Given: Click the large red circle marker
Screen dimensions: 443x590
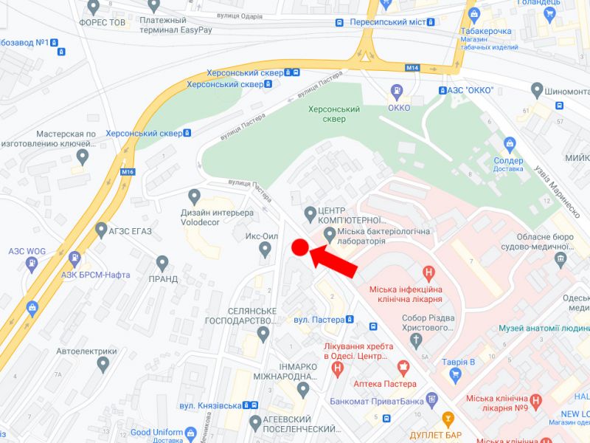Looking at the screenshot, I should (299, 248).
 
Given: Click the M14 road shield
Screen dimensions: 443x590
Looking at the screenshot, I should (412, 68).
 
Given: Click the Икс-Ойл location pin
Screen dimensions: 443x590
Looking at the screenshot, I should (265, 250).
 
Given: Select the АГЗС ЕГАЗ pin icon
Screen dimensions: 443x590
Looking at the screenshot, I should (101, 231).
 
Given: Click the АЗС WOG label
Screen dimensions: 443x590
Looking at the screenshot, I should (27, 251).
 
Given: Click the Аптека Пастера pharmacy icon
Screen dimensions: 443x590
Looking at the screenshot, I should (403, 367).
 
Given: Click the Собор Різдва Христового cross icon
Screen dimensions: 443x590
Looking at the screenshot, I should (417, 341).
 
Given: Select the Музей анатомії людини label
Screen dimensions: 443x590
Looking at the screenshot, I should (544, 328).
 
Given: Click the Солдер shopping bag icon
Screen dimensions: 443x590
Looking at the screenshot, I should (509, 143).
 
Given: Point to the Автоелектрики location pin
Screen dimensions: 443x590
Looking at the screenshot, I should (103, 364).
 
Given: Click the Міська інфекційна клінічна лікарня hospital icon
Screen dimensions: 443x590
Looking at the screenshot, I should (426, 273).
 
